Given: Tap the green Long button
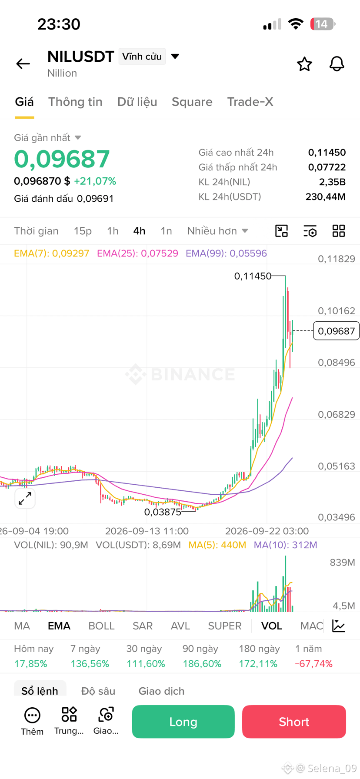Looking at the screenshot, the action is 183,722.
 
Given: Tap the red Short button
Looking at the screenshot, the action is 294,722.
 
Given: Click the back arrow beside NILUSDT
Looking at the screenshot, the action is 23,64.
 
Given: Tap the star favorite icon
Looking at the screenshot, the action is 304,64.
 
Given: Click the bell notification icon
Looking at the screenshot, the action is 337,64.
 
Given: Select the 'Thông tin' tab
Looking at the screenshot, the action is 75,102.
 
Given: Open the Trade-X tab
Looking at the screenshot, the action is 250,102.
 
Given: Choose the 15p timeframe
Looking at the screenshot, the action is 83,231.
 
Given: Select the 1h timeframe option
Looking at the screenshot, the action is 113,231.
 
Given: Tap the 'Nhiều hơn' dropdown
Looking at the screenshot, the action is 217,231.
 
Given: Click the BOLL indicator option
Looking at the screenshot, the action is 101,626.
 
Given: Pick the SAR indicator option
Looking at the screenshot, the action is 143,626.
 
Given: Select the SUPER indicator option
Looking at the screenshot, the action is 225,626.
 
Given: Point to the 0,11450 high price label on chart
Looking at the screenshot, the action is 253,276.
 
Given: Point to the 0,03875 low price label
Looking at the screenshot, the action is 163,512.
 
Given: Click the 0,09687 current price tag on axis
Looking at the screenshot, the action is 337,331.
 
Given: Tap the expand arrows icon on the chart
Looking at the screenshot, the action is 25,499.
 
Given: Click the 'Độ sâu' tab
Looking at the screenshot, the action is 98,691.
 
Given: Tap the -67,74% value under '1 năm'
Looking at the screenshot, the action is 313,664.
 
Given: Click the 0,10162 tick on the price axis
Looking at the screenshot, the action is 337,311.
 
